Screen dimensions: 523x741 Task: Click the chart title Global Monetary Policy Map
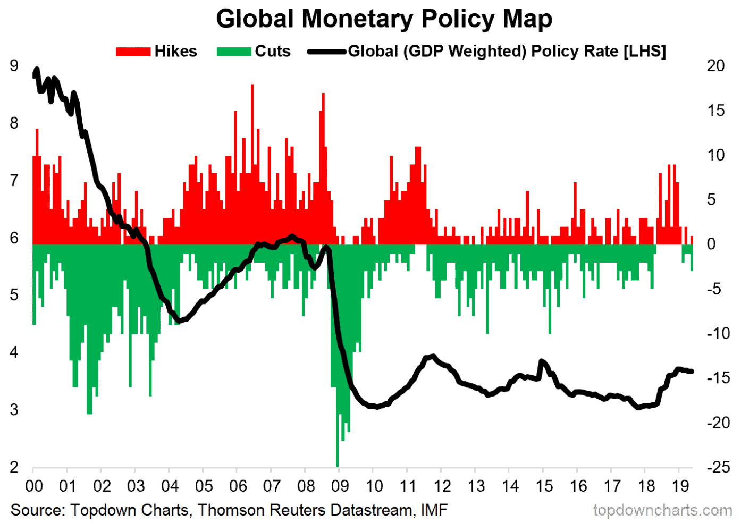pyautogui.click(x=384, y=19)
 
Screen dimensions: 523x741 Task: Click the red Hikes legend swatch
pyautogui.click(x=133, y=52)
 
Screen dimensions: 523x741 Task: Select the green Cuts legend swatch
pyautogui.click(x=234, y=52)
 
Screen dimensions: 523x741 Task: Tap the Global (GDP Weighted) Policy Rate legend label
pyautogui.click(x=507, y=52)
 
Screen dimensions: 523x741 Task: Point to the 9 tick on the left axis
pyautogui.click(x=14, y=66)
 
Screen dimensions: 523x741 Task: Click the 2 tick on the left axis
pyautogui.click(x=14, y=467)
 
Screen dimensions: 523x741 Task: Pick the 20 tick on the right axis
pyautogui.click(x=715, y=66)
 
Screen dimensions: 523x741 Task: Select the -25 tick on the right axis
pyautogui.click(x=718, y=467)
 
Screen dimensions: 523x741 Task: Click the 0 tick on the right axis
pyautogui.click(x=711, y=244)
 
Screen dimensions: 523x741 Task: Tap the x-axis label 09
pyautogui.click(x=340, y=486)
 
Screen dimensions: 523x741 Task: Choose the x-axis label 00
pyautogui.click(x=34, y=486)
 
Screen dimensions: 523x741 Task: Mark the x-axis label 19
pyautogui.click(x=680, y=486)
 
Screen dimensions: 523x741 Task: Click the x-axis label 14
pyautogui.click(x=510, y=486)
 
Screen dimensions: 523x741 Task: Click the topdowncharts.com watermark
pyautogui.click(x=662, y=510)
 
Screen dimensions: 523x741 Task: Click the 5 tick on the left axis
pyautogui.click(x=14, y=295)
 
